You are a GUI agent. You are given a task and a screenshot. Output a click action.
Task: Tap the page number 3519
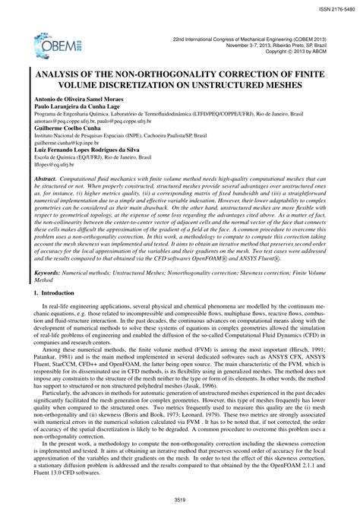pos(180,499)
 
